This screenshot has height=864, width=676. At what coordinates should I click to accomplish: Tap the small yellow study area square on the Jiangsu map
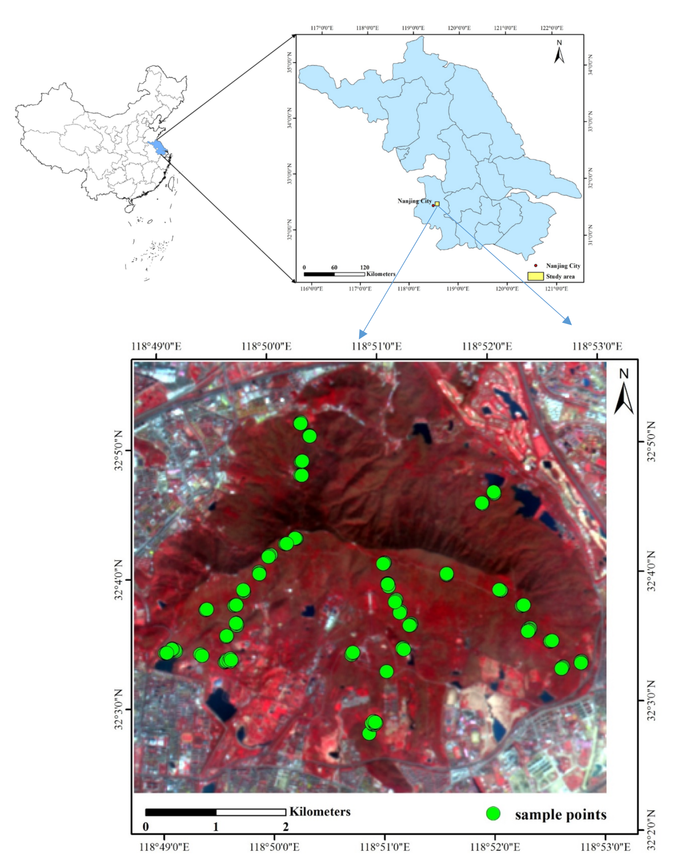click(437, 204)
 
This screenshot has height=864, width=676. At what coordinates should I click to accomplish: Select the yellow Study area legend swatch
click(535, 276)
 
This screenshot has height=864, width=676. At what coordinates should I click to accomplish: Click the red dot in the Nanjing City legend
click(536, 266)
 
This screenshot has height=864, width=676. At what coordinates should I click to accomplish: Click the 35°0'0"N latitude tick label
click(289, 62)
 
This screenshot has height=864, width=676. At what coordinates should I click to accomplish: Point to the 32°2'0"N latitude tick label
click(651, 830)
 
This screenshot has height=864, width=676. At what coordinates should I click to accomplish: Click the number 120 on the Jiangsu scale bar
click(365, 268)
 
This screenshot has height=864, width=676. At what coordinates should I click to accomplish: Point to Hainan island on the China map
click(129, 208)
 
